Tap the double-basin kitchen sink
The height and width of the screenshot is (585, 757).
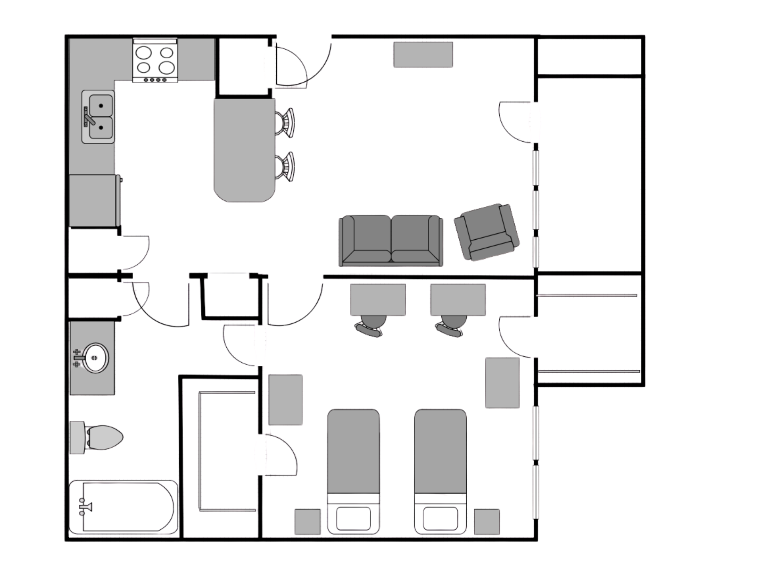[98, 117]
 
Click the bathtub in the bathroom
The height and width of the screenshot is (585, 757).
[123, 507]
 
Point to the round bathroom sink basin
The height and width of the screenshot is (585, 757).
[95, 358]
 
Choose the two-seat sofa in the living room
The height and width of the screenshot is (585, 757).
[391, 240]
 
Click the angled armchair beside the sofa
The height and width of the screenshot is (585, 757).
[487, 232]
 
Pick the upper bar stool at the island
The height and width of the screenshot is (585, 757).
[285, 123]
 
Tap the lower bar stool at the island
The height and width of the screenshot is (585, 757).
[285, 167]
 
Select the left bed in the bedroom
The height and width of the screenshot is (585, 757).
[353, 471]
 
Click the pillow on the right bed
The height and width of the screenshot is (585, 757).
[440, 518]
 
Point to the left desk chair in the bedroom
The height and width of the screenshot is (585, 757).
[371, 326]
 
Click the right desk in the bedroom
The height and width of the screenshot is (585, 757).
[458, 300]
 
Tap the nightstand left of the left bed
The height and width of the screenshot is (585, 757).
[307, 521]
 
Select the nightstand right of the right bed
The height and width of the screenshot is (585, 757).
[487, 521]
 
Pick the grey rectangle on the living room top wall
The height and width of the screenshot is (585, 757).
[423, 55]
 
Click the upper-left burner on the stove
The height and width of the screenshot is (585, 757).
[144, 53]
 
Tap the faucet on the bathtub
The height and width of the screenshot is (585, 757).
[85, 507]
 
